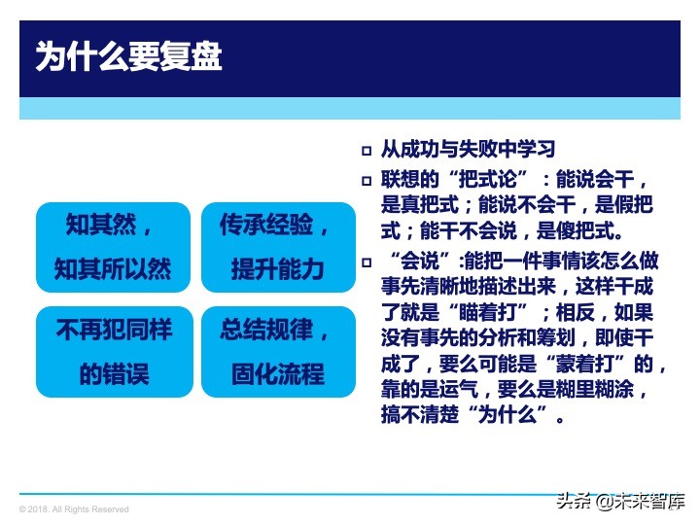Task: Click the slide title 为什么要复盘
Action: pos(128,57)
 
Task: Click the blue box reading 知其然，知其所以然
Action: pos(113,247)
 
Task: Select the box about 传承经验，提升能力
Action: pos(278,247)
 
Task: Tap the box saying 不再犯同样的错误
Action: pos(113,351)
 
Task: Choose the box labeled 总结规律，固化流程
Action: pos(278,351)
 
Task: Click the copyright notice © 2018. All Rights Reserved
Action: pos(74,509)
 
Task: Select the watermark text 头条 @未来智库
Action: pos(619,503)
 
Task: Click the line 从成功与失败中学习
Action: pos(468,150)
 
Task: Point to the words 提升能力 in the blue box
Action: pos(278,269)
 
